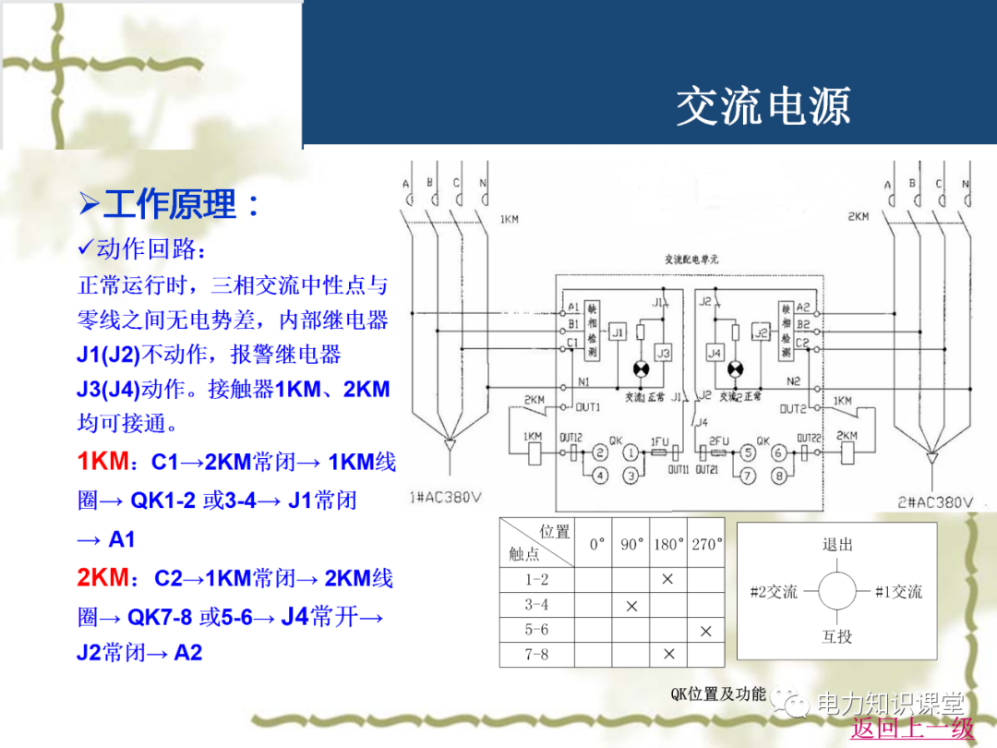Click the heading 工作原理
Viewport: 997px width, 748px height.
[170, 204]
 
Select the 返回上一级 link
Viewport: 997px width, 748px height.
[912, 728]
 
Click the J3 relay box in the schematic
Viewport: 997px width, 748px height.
[664, 354]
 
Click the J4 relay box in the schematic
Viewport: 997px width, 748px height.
[714, 354]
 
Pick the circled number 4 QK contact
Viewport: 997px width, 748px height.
[600, 477]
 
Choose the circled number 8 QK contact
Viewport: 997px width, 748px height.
[779, 477]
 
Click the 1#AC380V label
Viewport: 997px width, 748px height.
[445, 498]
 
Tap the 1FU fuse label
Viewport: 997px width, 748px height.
[659, 442]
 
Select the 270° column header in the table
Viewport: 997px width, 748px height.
[706, 545]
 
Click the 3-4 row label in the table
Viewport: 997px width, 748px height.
[536, 605]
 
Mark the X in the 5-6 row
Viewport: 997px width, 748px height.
[706, 631]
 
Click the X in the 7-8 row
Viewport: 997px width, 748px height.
[668, 655]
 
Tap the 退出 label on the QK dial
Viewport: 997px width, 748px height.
[837, 544]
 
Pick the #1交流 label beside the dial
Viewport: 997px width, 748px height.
[898, 592]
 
